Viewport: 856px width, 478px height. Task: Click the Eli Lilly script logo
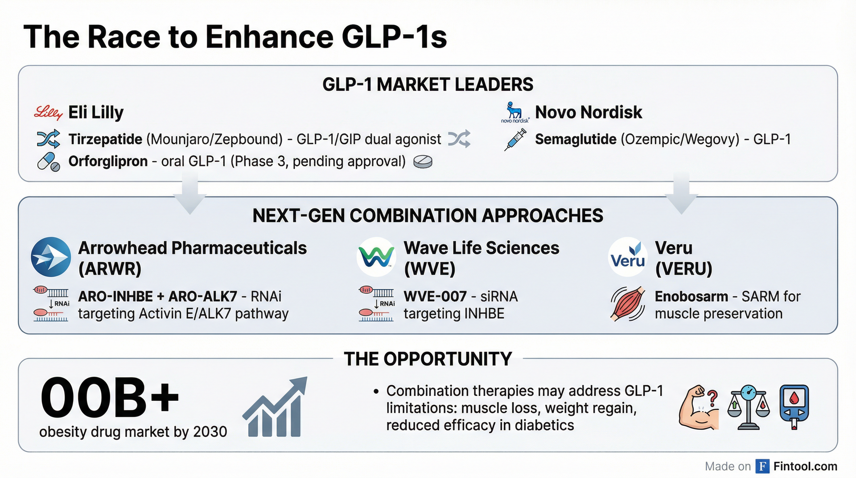click(48, 113)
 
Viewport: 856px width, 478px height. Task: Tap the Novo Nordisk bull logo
click(514, 112)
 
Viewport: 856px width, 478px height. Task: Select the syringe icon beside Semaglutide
click(515, 140)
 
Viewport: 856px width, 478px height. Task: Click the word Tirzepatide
click(105, 139)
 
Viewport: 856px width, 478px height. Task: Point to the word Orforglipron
click(108, 161)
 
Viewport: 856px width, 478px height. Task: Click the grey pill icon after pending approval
click(423, 162)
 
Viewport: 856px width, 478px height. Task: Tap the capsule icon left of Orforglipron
click(48, 162)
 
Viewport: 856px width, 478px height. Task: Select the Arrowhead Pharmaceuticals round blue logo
click(51, 257)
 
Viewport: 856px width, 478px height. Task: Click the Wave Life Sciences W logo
click(376, 257)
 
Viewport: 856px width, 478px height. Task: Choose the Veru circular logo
click(628, 257)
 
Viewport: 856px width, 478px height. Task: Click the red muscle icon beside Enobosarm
click(628, 304)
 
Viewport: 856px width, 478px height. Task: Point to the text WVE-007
click(435, 297)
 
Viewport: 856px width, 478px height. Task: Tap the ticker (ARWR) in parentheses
click(110, 269)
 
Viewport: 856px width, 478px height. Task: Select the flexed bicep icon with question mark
click(699, 408)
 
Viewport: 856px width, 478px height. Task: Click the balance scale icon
click(749, 408)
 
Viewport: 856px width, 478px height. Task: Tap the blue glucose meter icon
click(794, 407)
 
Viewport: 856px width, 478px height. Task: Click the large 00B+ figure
click(110, 397)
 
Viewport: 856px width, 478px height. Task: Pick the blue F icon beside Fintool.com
click(762, 466)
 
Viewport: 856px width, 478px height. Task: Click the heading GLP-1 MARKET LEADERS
click(428, 84)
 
